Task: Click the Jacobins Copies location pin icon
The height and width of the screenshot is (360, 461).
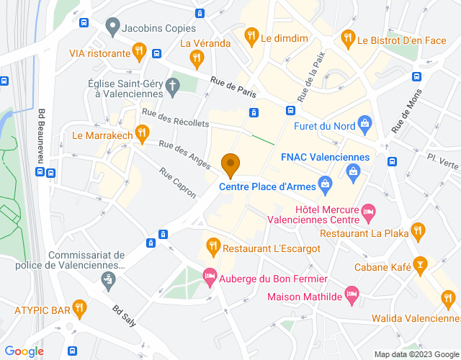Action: (112, 27)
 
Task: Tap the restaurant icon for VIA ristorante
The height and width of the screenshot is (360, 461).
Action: (140, 52)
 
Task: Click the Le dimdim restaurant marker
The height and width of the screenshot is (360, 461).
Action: (251, 34)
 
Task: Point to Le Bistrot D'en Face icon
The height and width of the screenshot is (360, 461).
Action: (347, 37)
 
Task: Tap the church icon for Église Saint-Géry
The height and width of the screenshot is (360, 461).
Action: (172, 87)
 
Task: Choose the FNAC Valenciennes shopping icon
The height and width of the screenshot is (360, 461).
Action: (353, 171)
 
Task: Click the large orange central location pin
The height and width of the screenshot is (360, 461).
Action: (230, 165)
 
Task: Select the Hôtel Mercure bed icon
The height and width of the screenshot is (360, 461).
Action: (368, 212)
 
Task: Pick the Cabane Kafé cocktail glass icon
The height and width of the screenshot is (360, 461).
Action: (420, 266)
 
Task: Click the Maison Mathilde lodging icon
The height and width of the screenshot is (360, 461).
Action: (352, 294)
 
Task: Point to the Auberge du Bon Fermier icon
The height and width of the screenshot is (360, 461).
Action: (210, 276)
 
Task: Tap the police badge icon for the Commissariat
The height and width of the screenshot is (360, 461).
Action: (109, 279)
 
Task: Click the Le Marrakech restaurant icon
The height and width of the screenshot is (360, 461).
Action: (142, 133)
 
